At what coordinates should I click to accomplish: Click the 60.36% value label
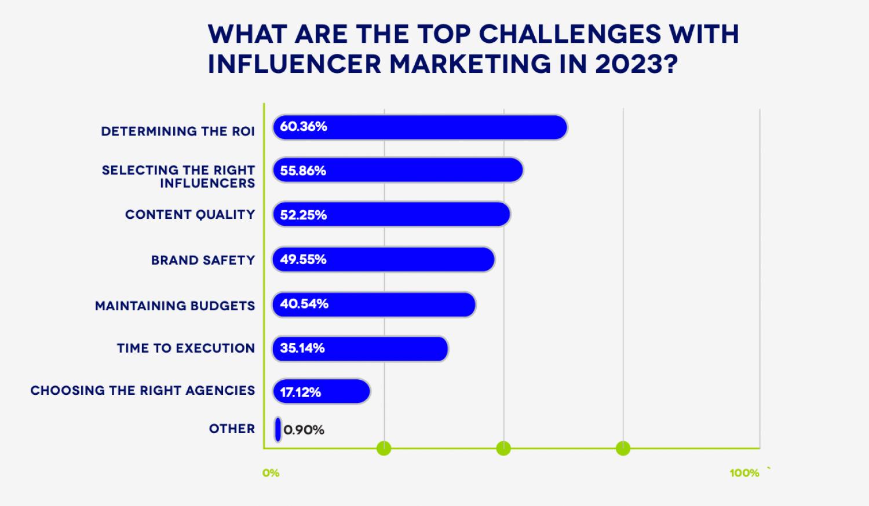point(304,127)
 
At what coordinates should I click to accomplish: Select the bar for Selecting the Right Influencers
point(398,171)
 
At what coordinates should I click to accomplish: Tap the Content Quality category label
point(190,215)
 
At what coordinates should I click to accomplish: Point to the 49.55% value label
point(303,259)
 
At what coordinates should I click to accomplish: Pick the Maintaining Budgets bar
point(374,305)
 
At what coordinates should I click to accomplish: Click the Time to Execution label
point(186,348)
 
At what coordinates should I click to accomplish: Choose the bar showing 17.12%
point(322,392)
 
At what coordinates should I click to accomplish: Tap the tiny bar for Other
point(278,430)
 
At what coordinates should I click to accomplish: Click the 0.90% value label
point(304,430)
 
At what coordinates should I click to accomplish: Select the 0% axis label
point(271,473)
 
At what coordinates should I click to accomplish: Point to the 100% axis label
point(744,473)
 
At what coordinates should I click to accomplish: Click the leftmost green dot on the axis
point(384,448)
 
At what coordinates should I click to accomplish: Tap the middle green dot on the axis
point(503,448)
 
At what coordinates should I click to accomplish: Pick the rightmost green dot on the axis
point(623,448)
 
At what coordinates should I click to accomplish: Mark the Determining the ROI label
point(178,131)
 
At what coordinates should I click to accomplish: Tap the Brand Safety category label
point(203,260)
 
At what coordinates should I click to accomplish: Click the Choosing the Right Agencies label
point(143,390)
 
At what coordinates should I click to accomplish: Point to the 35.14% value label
point(302,349)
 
